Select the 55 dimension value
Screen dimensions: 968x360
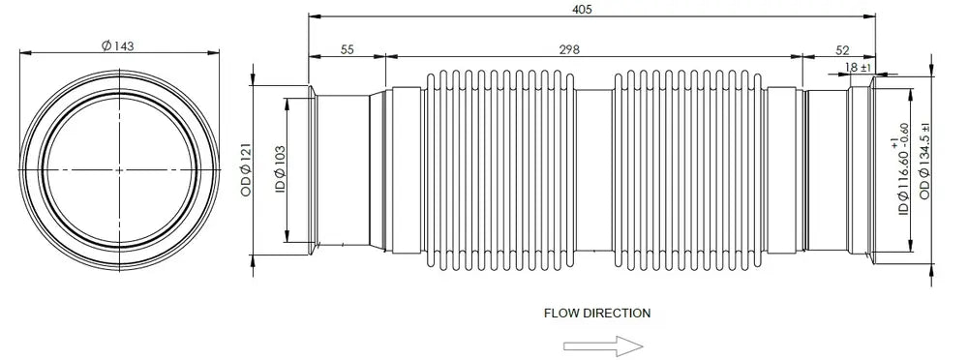click(x=347, y=50)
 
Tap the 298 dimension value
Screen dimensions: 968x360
click(x=569, y=50)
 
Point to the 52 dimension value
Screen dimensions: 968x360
click(x=841, y=50)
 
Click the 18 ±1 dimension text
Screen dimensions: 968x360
click(x=858, y=67)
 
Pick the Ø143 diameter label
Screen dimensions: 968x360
click(x=117, y=45)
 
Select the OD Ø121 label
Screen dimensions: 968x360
click(x=246, y=170)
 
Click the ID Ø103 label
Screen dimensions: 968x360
click(x=281, y=168)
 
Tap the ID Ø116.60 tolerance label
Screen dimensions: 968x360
click(x=900, y=169)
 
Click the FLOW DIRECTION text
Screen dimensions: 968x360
click(x=597, y=314)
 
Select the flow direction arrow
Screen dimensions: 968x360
click(x=603, y=345)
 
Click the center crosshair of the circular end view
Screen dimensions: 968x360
click(x=119, y=169)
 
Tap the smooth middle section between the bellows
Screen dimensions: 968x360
click(x=593, y=169)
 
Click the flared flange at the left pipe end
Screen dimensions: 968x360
click(x=313, y=169)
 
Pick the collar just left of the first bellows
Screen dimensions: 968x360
click(x=407, y=169)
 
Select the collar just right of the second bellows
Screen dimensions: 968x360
click(x=781, y=169)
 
